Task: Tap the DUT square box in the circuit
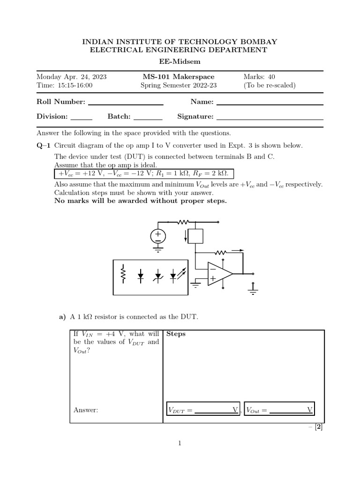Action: [195, 236]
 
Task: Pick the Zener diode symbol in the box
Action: [158, 276]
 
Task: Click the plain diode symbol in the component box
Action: [141, 276]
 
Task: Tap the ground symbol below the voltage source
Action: [158, 250]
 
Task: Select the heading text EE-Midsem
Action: [180, 61]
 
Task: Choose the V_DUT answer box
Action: [203, 410]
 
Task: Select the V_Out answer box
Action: [278, 410]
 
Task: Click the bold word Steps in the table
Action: [176, 334]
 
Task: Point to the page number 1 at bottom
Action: [180, 442]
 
